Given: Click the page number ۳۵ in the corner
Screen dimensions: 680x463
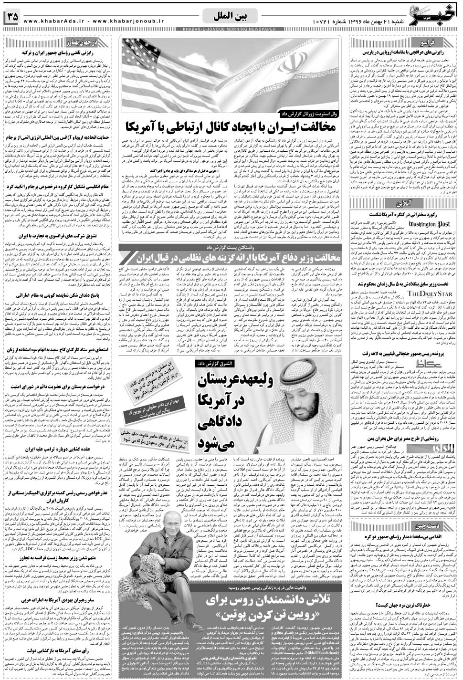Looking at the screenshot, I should click(x=11, y=17).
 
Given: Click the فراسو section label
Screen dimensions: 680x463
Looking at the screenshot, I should click(x=439, y=42).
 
